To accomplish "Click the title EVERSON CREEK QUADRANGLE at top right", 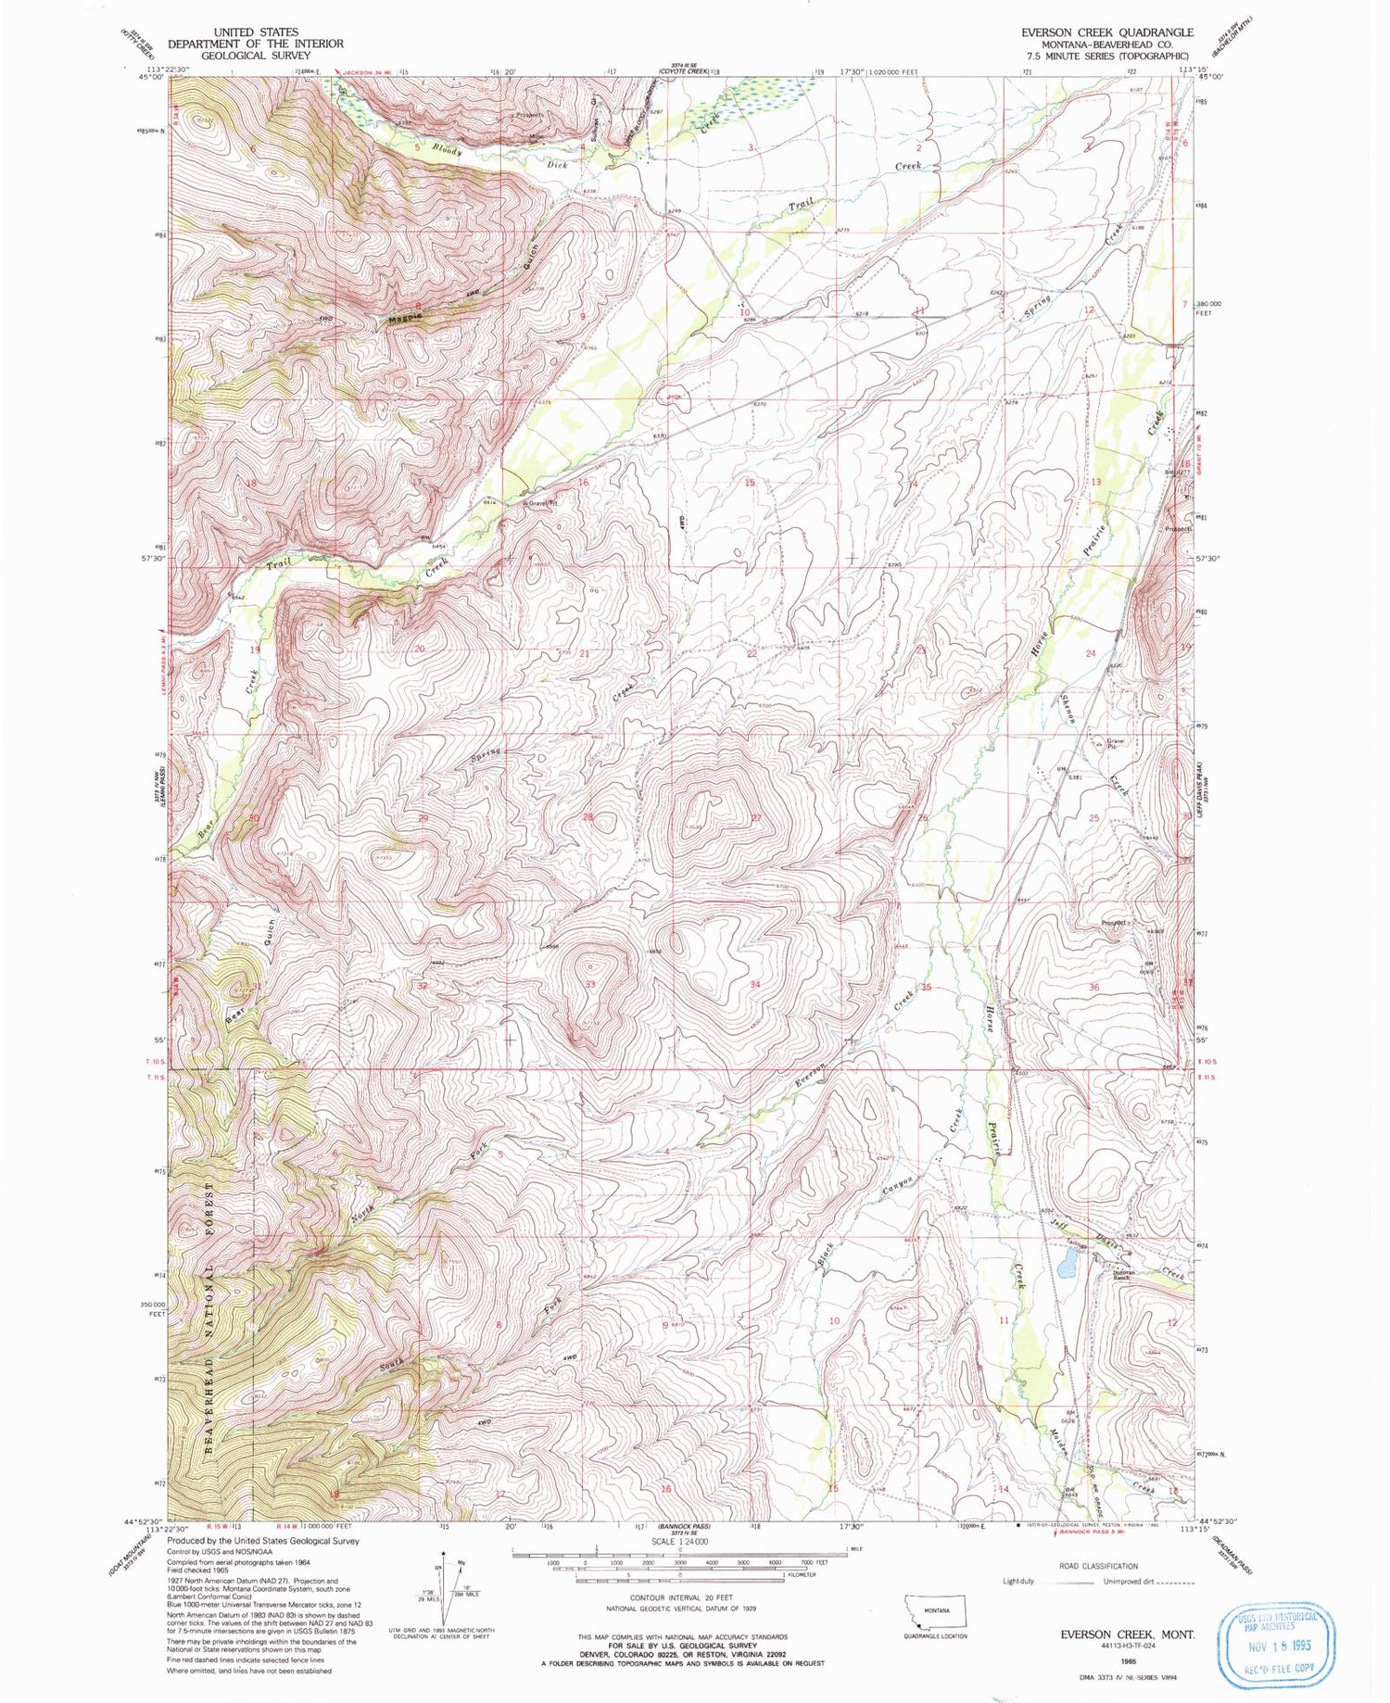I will click(x=1107, y=32).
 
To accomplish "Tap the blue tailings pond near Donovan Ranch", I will click(x=1068, y=1260).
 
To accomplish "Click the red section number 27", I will click(x=756, y=817).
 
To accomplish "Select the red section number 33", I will click(x=590, y=984).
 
